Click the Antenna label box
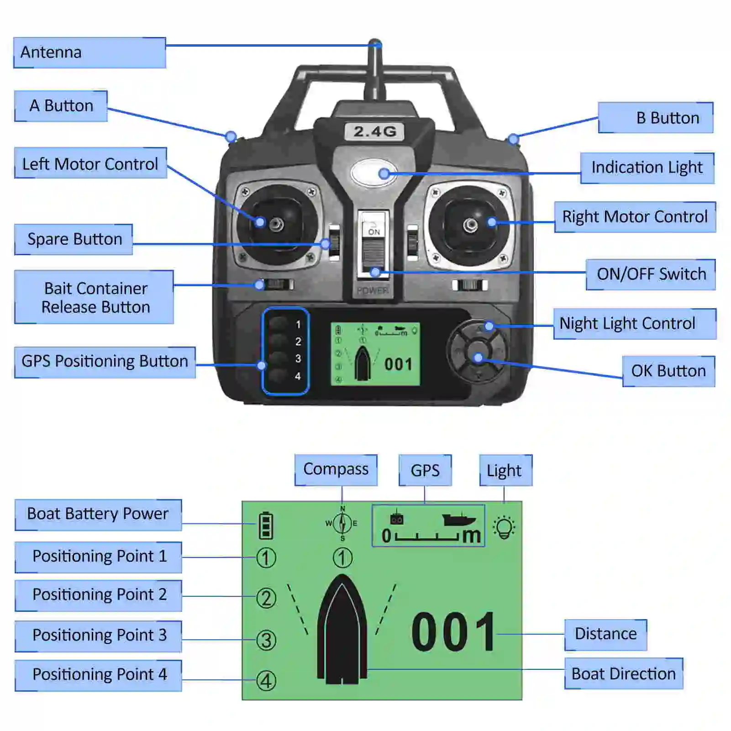(89, 53)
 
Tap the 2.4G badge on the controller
(374, 131)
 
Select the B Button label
(656, 118)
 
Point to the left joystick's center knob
(276, 224)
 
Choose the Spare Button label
(74, 239)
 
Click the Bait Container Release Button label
(94, 297)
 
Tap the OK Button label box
(668, 371)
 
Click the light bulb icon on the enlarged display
(504, 527)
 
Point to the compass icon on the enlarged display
(342, 523)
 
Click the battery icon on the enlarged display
(266, 526)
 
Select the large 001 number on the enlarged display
(453, 632)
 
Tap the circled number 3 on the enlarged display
(266, 640)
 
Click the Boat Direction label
(623, 673)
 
